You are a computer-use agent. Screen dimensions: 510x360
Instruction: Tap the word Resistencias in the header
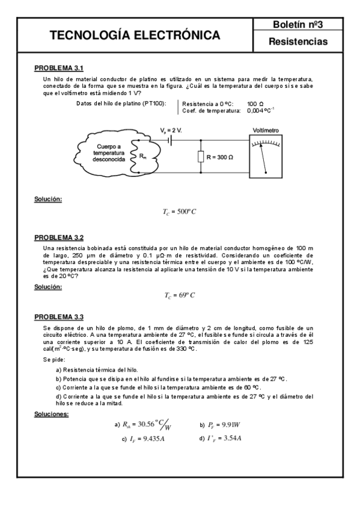298,42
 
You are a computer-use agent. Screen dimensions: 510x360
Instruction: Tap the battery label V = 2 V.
171,131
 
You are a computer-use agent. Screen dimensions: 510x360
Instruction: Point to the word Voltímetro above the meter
266,131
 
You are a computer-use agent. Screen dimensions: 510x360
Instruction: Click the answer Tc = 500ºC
180,212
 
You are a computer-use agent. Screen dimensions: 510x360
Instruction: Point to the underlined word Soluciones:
52,414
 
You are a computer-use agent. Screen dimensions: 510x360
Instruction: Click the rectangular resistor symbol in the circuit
200,157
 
